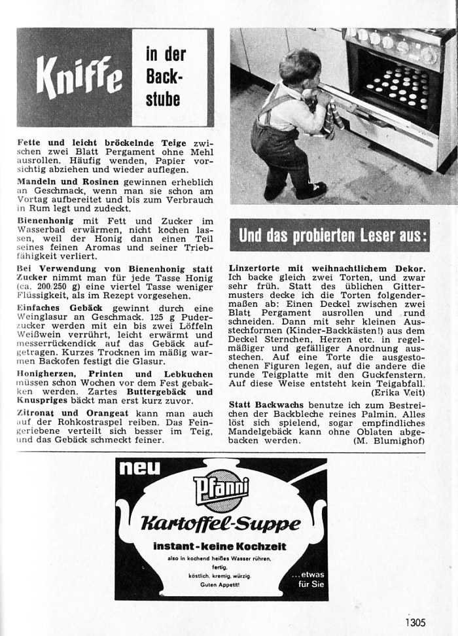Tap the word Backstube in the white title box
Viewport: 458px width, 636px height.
tap(165, 86)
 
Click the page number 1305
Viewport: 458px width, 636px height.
tap(415, 622)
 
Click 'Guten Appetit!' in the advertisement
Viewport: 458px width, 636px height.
tap(219, 584)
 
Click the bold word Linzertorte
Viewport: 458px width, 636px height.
tap(256, 268)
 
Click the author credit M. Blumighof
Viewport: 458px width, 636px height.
tap(389, 441)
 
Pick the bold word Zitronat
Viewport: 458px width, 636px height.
tap(37, 414)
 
